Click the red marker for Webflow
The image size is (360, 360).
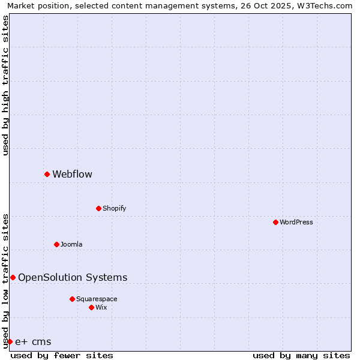tap(47, 174)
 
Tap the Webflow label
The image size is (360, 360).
tap(72, 175)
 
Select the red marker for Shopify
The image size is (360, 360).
tap(98, 208)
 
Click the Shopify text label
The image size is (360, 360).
tap(114, 208)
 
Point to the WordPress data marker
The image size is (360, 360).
tap(275, 222)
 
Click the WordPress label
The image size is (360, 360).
tap(296, 222)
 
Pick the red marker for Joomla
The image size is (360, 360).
tap(56, 244)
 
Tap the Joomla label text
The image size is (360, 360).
tap(71, 244)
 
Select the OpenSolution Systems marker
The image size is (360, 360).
tap(13, 277)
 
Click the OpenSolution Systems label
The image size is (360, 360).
tap(73, 277)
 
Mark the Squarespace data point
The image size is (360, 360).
tap(72, 299)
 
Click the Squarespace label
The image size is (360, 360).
tap(97, 299)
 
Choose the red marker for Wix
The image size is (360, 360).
tap(91, 307)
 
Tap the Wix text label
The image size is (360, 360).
tap(101, 307)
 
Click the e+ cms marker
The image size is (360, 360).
tap(10, 341)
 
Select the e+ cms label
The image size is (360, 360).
tap(33, 342)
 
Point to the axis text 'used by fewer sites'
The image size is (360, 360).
tap(62, 355)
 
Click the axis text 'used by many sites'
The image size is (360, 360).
tap(301, 355)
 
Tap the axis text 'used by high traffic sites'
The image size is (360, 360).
tap(5, 85)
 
